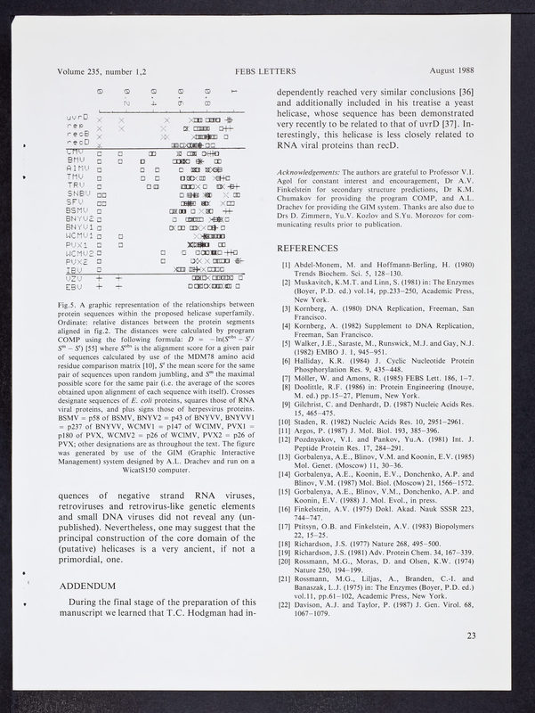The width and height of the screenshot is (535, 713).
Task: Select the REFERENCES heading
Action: coord(312,248)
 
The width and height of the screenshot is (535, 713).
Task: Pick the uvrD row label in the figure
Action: coord(77,118)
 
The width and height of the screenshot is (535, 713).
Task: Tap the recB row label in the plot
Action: coord(77,135)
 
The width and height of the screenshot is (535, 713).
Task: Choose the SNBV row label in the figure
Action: coord(78,193)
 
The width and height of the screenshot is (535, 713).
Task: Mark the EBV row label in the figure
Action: coord(75,286)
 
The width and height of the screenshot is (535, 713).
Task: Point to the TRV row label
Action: coord(75,184)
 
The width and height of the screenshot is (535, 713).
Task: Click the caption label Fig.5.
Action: coord(68,306)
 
